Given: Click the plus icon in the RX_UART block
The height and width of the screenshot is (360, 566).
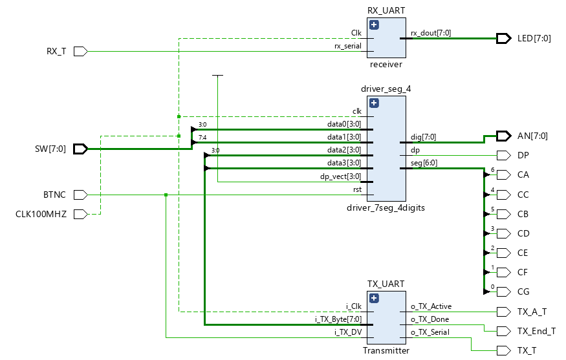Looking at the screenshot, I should click(x=374, y=26).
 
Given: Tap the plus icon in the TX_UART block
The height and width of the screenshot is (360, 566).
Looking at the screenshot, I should click(x=374, y=299).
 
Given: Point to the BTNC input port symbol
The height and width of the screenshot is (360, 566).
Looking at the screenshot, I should click(x=80, y=195).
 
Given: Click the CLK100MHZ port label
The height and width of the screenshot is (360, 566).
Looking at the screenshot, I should click(x=41, y=214).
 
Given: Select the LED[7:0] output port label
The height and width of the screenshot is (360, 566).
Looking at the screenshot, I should click(x=534, y=39).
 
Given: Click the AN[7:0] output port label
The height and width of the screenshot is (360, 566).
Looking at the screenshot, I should click(x=532, y=136).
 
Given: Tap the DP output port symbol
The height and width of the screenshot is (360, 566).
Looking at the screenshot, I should click(x=503, y=156).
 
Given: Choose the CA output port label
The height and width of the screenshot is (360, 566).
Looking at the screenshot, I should click(x=523, y=175).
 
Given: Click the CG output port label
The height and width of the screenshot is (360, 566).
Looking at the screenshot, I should click(x=523, y=291).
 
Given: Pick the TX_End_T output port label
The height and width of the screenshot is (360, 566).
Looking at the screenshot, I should click(x=536, y=331).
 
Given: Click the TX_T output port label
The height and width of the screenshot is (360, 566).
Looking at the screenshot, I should click(x=527, y=350).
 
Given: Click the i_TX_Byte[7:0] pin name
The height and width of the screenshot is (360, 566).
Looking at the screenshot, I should click(x=338, y=319).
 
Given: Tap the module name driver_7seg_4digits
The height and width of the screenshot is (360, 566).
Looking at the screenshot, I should click(x=387, y=207).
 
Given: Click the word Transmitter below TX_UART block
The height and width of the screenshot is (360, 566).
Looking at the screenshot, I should click(x=386, y=350).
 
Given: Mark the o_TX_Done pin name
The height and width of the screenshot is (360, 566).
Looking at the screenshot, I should click(x=430, y=319).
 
